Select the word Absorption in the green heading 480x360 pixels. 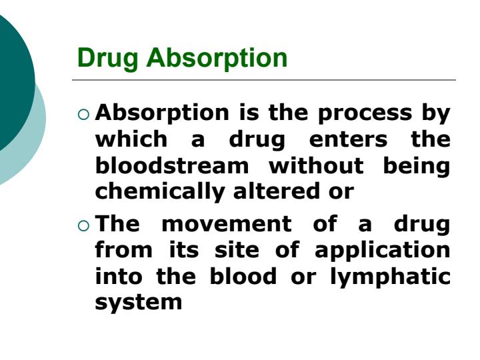pos(217,59)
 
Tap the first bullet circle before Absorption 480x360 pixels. pos(83,115)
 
